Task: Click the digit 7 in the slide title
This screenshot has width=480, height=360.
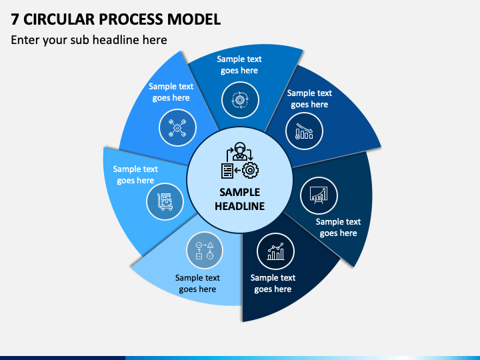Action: (x=15, y=19)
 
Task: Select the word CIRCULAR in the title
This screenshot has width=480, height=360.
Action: (x=59, y=19)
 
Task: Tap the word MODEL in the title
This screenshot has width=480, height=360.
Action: (x=194, y=19)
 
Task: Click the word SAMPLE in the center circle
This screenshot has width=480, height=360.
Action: (x=240, y=192)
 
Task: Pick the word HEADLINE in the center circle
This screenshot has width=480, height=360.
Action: (x=240, y=206)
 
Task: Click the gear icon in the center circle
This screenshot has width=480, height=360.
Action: (x=251, y=170)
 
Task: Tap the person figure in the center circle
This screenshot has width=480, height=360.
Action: (x=240, y=151)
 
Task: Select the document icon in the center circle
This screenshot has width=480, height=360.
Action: (x=227, y=171)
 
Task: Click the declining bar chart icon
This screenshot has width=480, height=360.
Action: (x=304, y=131)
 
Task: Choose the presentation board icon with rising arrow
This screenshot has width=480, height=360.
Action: (x=319, y=195)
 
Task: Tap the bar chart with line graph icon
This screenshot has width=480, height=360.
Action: (x=275, y=251)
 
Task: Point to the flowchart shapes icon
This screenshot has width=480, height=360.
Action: (x=205, y=251)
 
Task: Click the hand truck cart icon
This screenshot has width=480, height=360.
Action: (x=165, y=202)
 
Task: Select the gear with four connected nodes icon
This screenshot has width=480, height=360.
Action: (x=177, y=127)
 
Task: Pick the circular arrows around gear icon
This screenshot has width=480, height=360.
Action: (x=240, y=100)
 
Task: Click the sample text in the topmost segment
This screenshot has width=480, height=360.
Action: (x=239, y=65)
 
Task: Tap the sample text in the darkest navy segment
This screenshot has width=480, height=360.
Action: (x=273, y=283)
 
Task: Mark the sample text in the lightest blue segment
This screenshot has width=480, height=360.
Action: (x=197, y=283)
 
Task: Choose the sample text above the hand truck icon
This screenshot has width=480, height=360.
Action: (x=135, y=175)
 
